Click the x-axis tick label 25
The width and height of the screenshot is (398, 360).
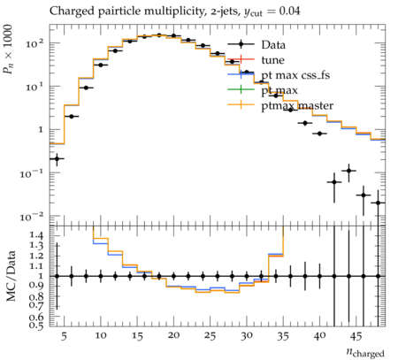[x=210, y=336]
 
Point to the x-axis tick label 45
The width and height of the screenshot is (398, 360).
[x=356, y=336]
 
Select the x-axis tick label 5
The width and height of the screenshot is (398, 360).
[x=65, y=336]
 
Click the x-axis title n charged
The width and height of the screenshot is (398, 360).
[x=365, y=352]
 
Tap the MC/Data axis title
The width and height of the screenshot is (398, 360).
[x=11, y=276]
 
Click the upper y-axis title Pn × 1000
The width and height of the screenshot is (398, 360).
[x=8, y=49]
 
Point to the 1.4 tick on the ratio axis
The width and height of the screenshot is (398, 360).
[x=36, y=235]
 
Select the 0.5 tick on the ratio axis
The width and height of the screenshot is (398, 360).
[x=36, y=326]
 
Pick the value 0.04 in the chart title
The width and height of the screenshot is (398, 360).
[x=290, y=11]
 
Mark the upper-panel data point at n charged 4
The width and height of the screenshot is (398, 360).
[x=57, y=158]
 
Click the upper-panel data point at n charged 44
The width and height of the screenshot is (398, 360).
[x=348, y=171]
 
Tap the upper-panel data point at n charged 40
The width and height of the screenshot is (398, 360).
[x=319, y=134]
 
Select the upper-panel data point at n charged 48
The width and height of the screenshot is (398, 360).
[x=378, y=203]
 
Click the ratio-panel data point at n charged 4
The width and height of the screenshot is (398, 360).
[x=57, y=276]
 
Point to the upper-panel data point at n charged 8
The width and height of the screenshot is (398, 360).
[x=86, y=88]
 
